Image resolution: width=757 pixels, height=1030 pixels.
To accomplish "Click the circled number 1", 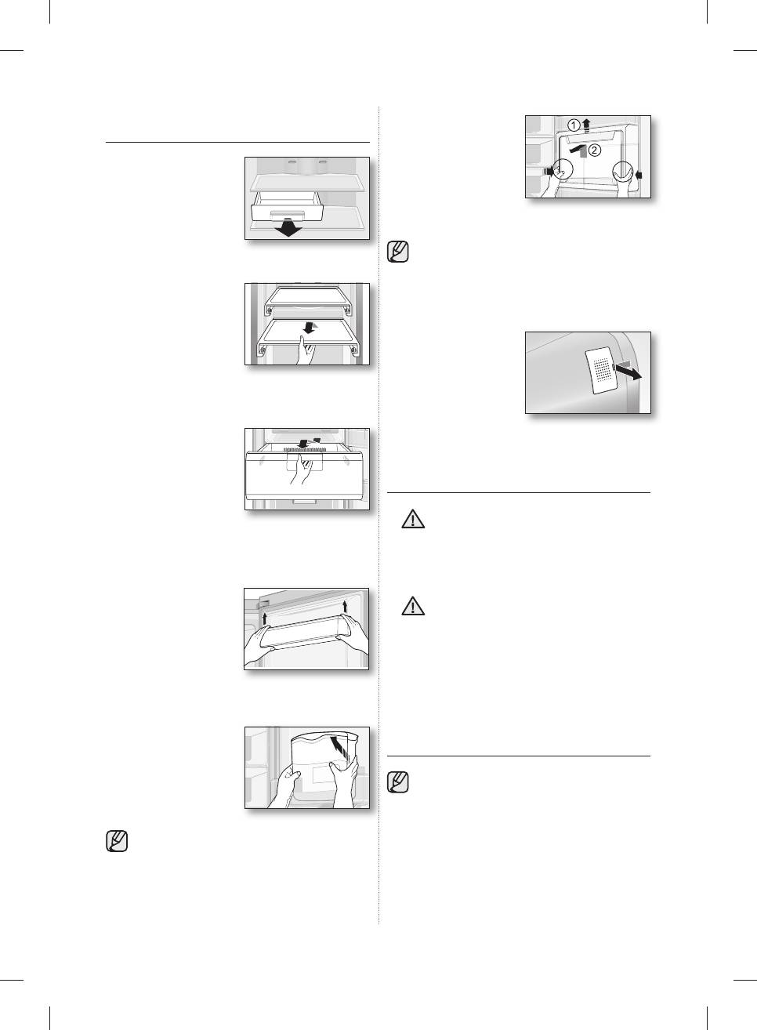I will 574,125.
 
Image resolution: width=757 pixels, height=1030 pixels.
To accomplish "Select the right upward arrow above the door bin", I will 345,605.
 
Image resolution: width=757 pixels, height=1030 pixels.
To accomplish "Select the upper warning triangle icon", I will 413,520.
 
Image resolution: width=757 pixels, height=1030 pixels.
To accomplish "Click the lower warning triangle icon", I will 412,606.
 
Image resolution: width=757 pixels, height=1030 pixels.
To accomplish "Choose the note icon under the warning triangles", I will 399,782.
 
